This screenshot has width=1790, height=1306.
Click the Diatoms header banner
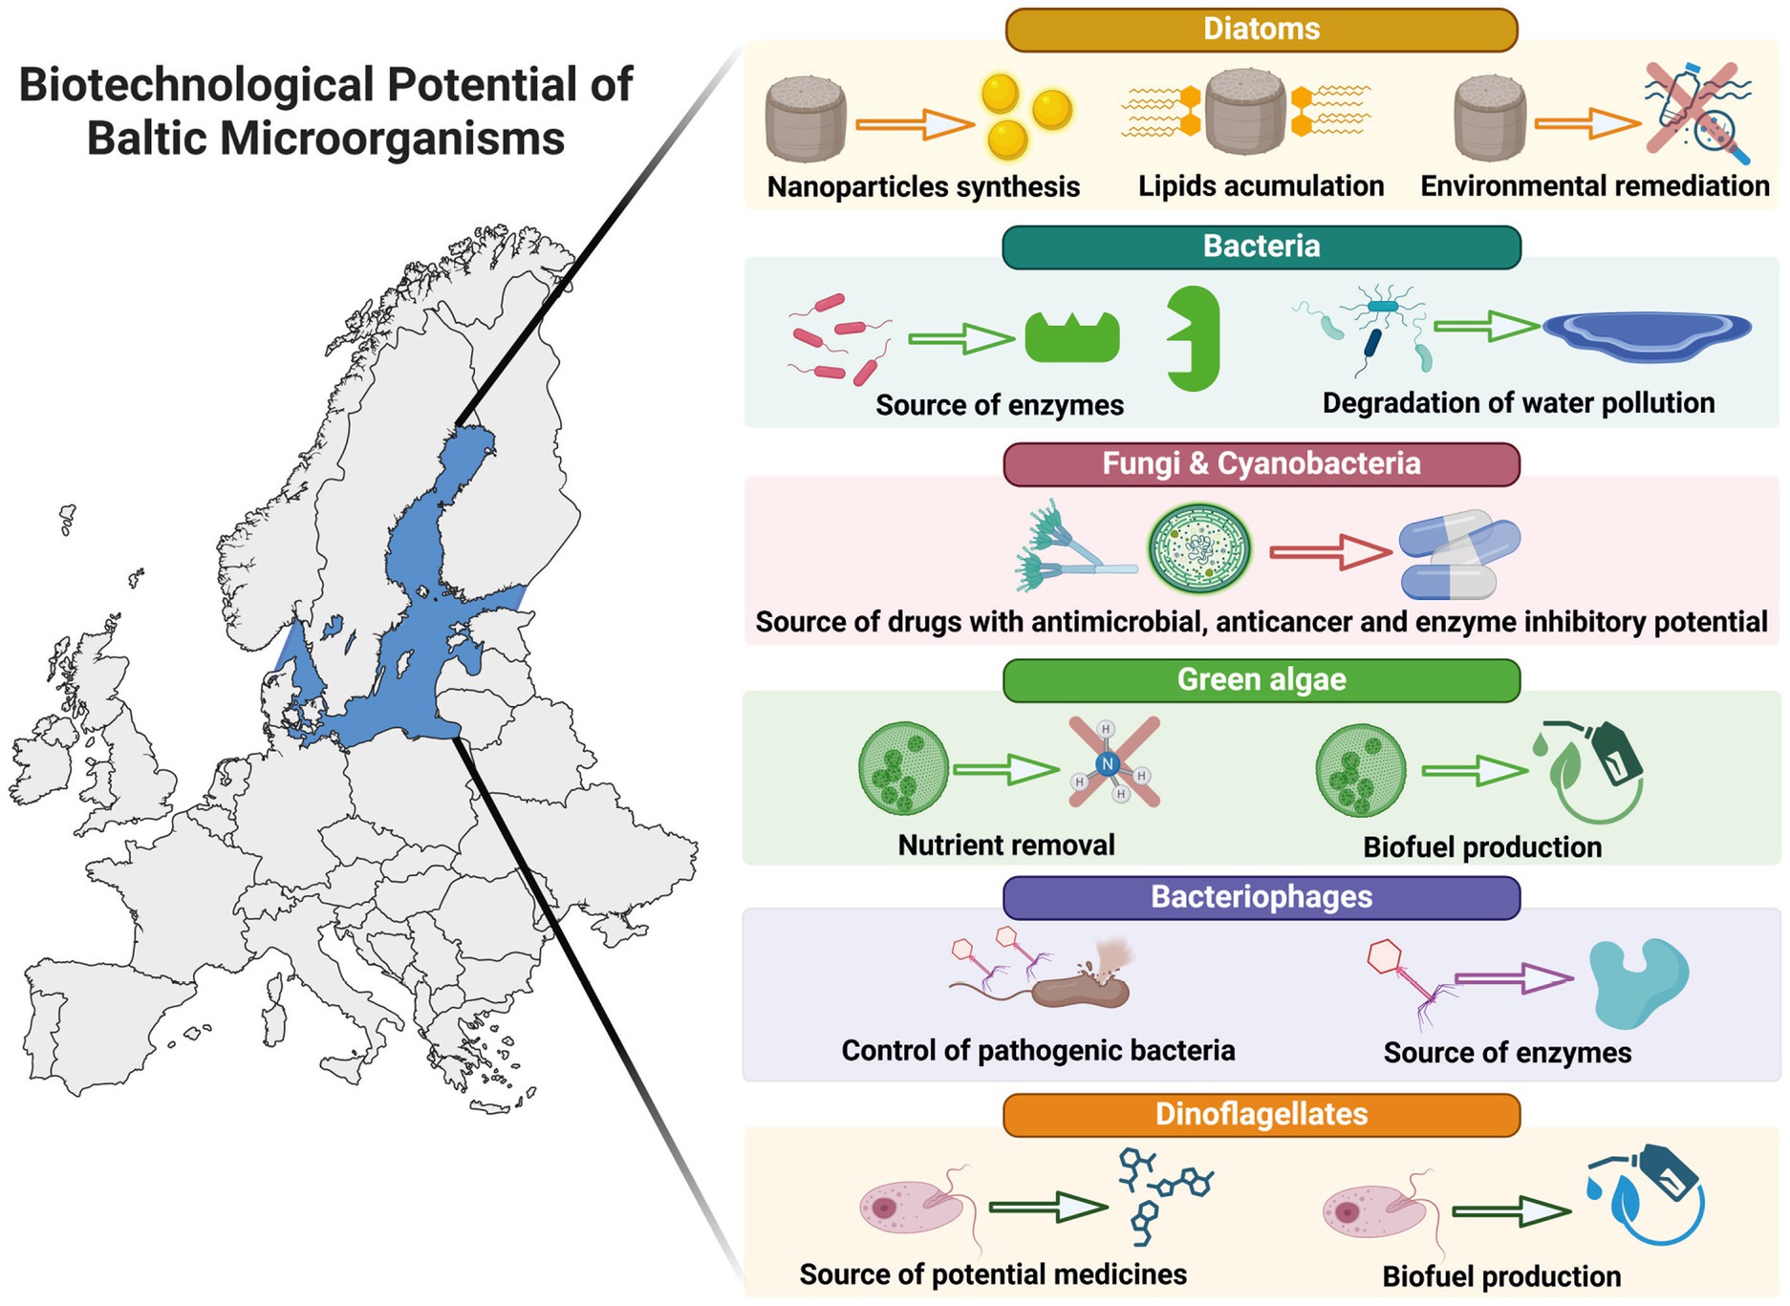(x=1261, y=30)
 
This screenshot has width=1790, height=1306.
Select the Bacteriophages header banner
(x=1261, y=897)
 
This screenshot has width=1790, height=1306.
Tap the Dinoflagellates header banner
(x=1261, y=1114)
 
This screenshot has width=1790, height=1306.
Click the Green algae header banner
(x=1261, y=680)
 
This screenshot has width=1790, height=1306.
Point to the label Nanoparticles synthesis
(x=923, y=186)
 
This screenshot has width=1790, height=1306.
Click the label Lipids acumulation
(x=1261, y=185)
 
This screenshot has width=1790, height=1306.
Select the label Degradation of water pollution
(x=1518, y=403)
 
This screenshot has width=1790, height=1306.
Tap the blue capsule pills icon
(x=1457, y=554)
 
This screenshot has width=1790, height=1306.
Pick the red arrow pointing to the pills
(x=1329, y=552)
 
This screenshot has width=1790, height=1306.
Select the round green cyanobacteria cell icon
(x=1198, y=549)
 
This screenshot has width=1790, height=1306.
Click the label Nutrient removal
(x=1005, y=846)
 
